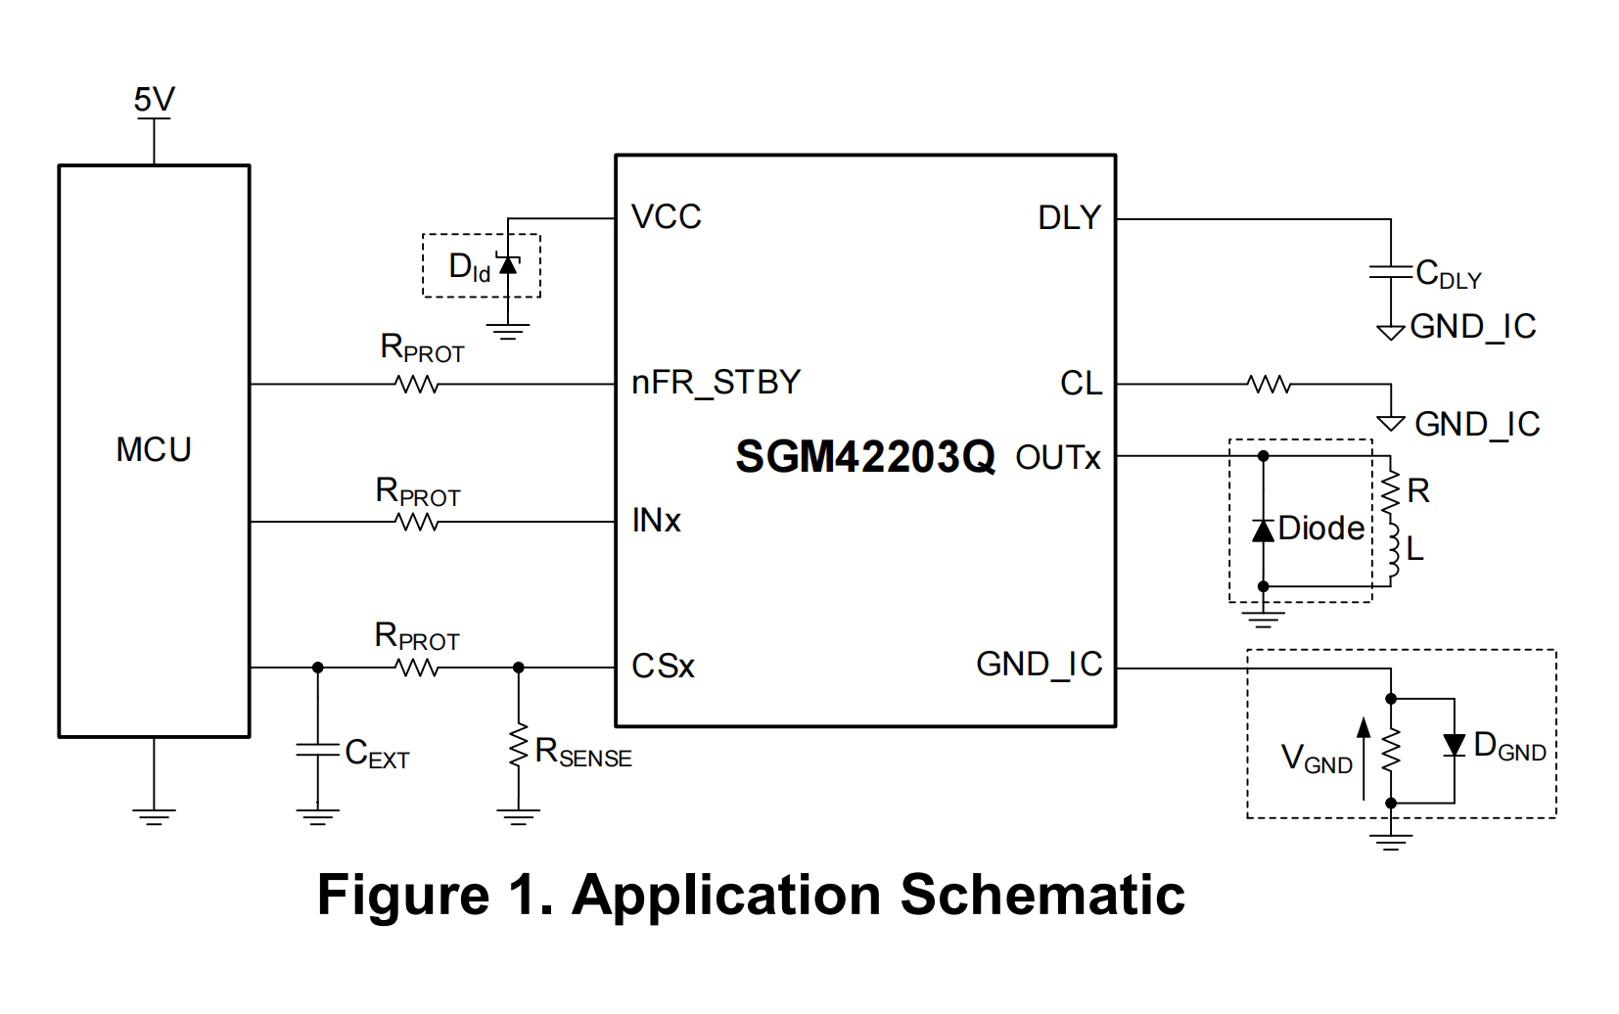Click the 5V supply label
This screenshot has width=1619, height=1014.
pos(154,99)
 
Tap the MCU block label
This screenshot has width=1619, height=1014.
pos(154,449)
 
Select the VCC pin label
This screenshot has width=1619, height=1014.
pos(666,216)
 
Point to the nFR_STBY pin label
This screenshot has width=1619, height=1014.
pos(716,382)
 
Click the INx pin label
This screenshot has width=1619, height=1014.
pos(656,521)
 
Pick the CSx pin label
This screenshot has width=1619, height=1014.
pos(663,667)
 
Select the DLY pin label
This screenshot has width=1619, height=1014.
pos(1069,217)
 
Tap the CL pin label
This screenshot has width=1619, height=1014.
pos(1081,383)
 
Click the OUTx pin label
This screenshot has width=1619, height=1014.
pos(1057,457)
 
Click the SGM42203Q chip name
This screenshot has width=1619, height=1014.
pos(864,457)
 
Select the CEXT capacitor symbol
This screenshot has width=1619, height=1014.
pos(317,750)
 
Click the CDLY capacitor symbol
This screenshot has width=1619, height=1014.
pos(1390,271)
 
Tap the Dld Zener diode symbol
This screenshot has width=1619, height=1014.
pos(508,264)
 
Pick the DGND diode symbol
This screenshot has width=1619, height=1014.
pos(1455,746)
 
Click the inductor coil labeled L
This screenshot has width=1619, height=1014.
pos(1392,553)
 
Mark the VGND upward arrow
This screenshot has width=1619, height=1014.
pos(1364,758)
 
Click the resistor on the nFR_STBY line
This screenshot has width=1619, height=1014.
pos(418,385)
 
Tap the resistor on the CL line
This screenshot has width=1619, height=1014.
pos(1270,385)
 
